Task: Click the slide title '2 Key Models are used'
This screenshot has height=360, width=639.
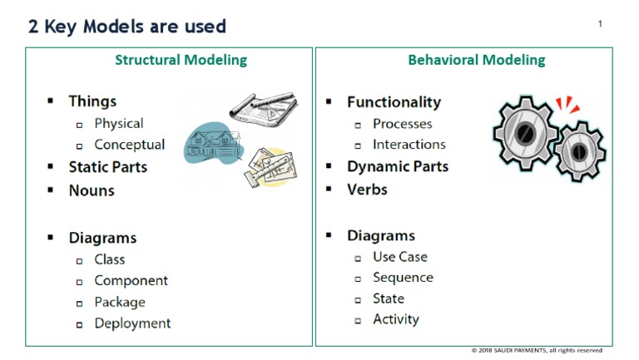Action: [x=127, y=26]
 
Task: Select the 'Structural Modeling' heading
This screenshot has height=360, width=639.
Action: [x=181, y=60]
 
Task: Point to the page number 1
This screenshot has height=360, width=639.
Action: [x=600, y=23]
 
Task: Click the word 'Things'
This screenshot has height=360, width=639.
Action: [x=92, y=101]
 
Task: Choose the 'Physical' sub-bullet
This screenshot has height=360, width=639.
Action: [x=118, y=123]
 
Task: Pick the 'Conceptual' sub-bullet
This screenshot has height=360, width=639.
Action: [x=129, y=145]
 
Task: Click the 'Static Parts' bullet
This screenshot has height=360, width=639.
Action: [x=107, y=167]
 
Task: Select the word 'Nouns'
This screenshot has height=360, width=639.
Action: [x=92, y=190]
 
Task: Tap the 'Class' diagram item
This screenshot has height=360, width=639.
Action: [x=109, y=259]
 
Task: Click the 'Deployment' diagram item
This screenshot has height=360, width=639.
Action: [x=132, y=323]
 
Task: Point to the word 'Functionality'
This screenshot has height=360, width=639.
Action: [x=394, y=102]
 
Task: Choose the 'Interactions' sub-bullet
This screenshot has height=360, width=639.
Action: [x=409, y=145]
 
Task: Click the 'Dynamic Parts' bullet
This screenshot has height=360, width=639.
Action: [x=397, y=166]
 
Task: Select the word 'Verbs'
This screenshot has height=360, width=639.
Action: [x=367, y=190]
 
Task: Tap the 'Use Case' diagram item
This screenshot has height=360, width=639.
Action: [x=399, y=257]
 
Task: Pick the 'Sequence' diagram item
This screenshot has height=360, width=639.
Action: [x=403, y=278]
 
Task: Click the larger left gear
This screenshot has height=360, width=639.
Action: [x=524, y=132]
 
